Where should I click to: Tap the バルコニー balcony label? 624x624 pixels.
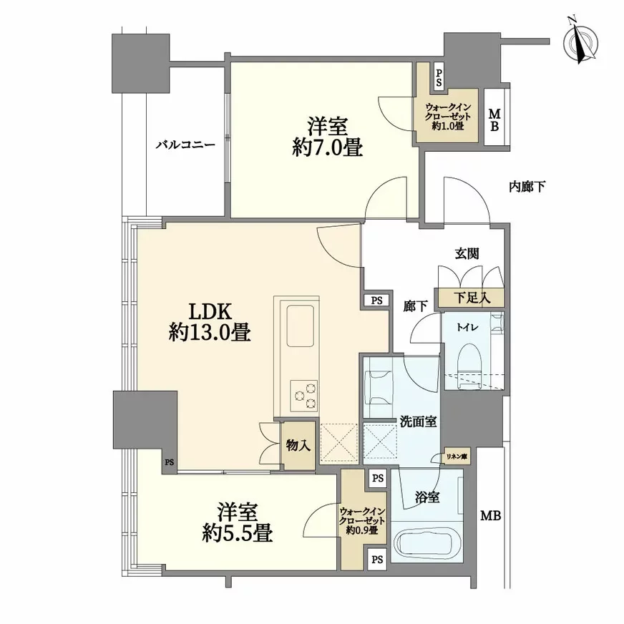pyautogui.click(x=186, y=145)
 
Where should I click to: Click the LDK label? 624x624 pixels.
pyautogui.click(x=209, y=312)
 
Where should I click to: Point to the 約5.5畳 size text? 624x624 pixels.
pyautogui.click(x=235, y=533)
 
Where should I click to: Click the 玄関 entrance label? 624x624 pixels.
pyautogui.click(x=466, y=253)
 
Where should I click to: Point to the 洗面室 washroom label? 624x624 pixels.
pyautogui.click(x=418, y=422)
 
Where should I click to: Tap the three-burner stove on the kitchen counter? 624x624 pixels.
pyautogui.click(x=303, y=396)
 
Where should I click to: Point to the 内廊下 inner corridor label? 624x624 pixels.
pyautogui.click(x=527, y=187)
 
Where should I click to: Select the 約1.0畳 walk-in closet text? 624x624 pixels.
pyautogui.click(x=449, y=126)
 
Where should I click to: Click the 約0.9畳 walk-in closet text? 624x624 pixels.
pyautogui.click(x=363, y=532)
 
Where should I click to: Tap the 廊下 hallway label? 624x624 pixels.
pyautogui.click(x=415, y=306)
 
